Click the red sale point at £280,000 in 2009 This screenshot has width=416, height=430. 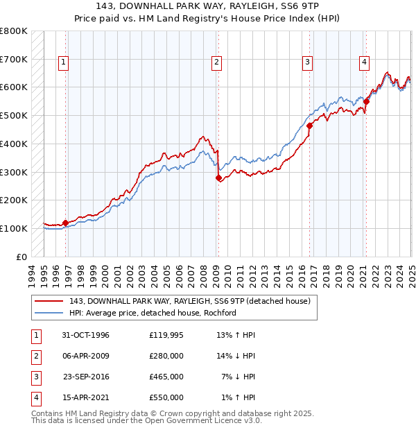[218, 178]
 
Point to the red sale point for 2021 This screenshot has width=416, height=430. [367, 101]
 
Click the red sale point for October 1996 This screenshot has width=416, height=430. [66, 223]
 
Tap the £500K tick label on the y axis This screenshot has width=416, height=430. [14, 116]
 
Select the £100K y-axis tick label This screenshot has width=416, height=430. [14, 228]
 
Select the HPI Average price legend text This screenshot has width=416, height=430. [153, 313]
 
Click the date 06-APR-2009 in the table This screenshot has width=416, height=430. [85, 356]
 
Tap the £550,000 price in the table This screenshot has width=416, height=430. [166, 397]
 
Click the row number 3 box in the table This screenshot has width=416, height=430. [34, 377]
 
